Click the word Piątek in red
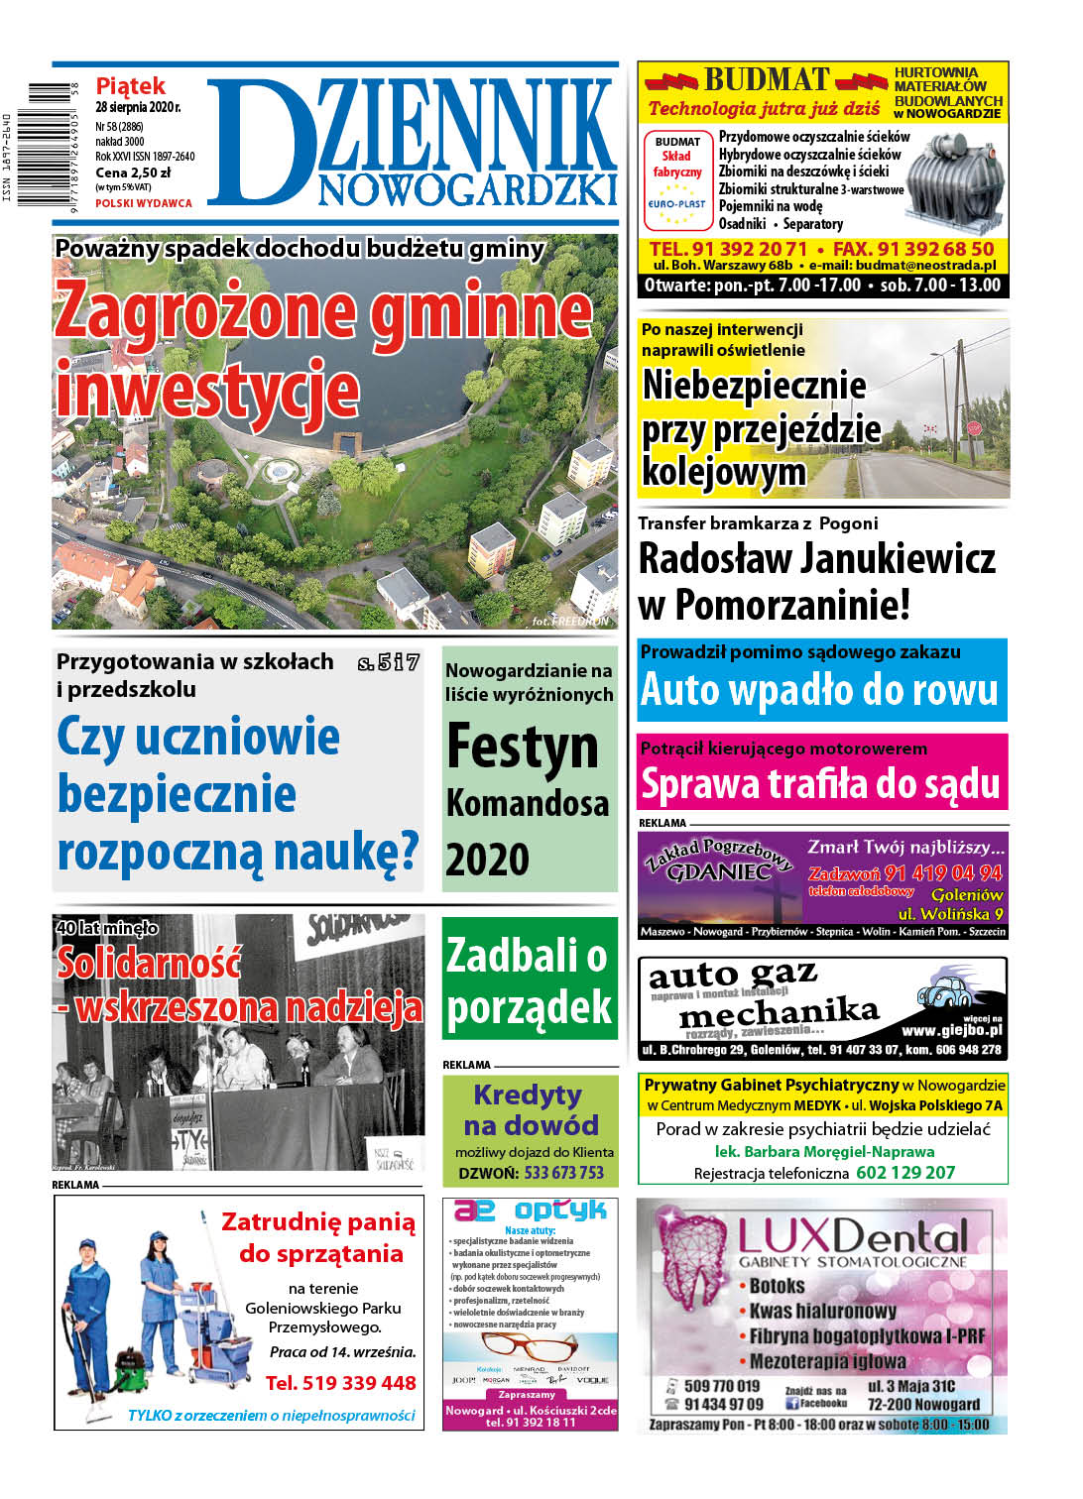pyautogui.click(x=130, y=86)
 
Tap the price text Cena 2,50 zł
pyautogui.click(x=133, y=173)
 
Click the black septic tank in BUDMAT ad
pyautogui.click(x=955, y=177)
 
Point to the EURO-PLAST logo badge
pyautogui.click(x=677, y=204)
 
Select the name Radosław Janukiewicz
pyautogui.click(x=816, y=558)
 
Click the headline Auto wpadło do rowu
pyautogui.click(x=819, y=690)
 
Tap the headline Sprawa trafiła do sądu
pyautogui.click(x=820, y=784)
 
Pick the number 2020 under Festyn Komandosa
pyautogui.click(x=487, y=860)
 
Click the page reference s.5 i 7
pyautogui.click(x=389, y=662)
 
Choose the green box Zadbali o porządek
pyautogui.click(x=530, y=980)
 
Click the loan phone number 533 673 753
pyautogui.click(x=563, y=1173)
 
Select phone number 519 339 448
pyautogui.click(x=341, y=1383)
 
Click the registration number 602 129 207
pyautogui.click(x=905, y=1173)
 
